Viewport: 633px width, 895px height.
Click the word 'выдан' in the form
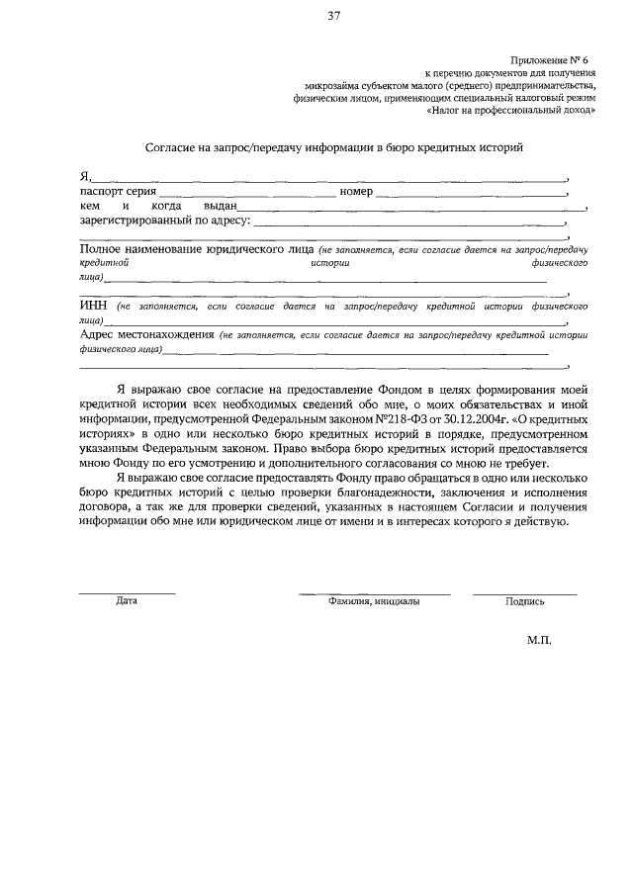coord(220,206)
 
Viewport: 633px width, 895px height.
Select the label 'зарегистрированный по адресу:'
coord(165,221)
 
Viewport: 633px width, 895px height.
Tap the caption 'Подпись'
coord(524,600)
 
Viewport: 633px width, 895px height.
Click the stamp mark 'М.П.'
coord(540,640)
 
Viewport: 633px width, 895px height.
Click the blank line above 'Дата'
coord(127,592)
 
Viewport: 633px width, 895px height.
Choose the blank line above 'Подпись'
coord(524,592)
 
